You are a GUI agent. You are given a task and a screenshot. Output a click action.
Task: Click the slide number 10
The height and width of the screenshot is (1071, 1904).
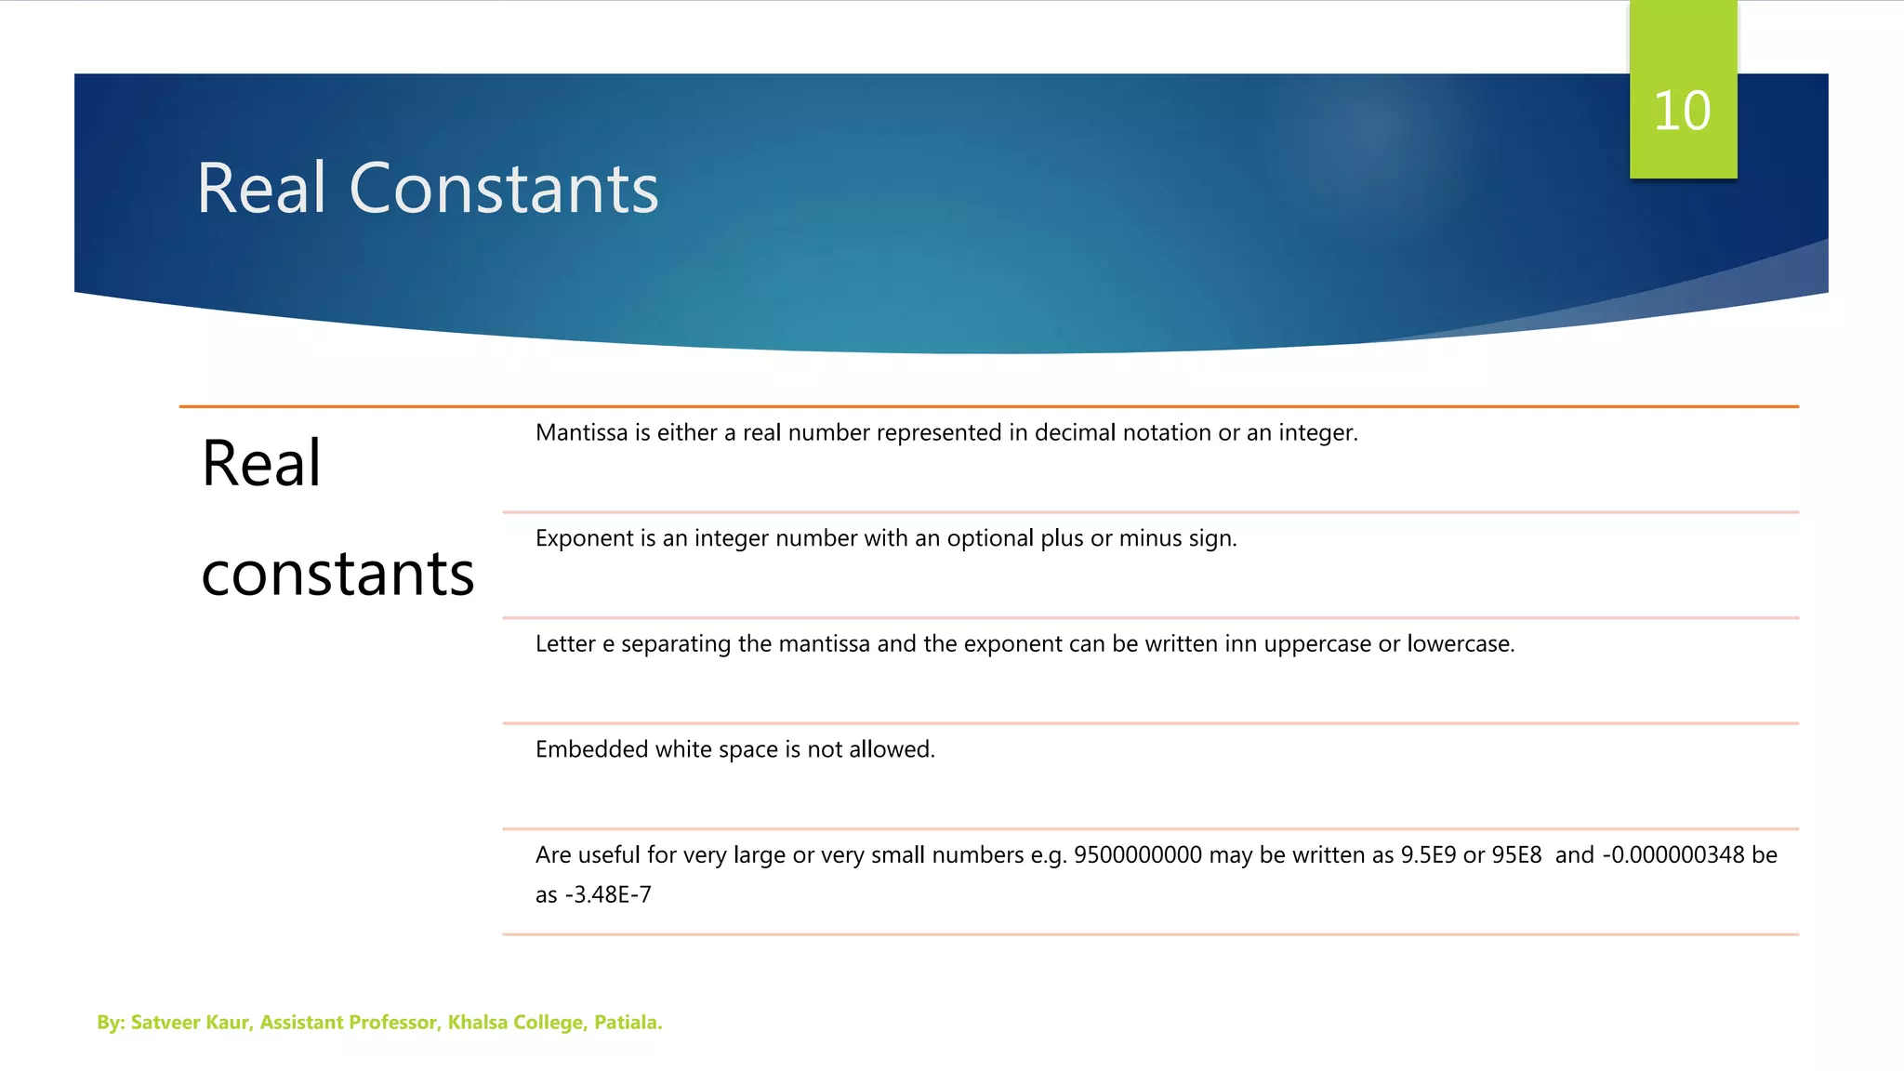(x=1682, y=112)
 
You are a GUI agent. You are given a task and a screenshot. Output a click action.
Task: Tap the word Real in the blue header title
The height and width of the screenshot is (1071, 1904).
(x=261, y=189)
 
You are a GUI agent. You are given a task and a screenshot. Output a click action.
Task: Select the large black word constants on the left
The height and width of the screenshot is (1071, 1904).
(x=337, y=574)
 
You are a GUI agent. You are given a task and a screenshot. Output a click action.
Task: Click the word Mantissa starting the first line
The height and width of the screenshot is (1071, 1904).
(x=581, y=433)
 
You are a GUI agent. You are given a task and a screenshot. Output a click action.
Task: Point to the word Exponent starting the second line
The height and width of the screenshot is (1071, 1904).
(x=583, y=539)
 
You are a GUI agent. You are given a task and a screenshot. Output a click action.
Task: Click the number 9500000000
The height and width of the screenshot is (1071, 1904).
(x=1137, y=855)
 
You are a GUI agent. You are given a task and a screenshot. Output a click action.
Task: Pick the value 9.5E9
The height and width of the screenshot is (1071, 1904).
(x=1428, y=855)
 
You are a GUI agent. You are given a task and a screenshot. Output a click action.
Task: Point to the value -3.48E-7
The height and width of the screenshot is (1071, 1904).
(x=608, y=895)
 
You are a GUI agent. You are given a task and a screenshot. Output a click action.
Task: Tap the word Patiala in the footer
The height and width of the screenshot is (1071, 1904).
(x=627, y=1023)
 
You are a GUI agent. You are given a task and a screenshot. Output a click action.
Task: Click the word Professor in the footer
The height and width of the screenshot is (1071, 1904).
(x=392, y=1023)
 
